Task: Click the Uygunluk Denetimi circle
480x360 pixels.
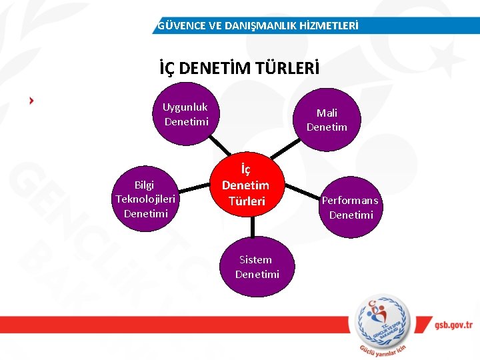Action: (186, 114)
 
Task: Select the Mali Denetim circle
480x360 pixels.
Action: (327, 120)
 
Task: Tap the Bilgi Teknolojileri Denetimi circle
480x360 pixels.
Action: (145, 199)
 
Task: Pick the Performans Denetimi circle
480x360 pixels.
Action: (351, 207)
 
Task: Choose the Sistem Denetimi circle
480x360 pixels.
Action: (257, 267)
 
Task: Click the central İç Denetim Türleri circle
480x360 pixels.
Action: (245, 185)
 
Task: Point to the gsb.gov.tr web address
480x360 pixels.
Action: (452, 325)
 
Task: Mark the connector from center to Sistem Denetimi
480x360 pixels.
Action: (252, 226)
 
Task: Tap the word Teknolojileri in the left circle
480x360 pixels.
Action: (145, 199)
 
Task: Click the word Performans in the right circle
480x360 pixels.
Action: (350, 200)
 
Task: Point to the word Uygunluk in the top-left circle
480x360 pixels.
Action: (185, 107)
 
